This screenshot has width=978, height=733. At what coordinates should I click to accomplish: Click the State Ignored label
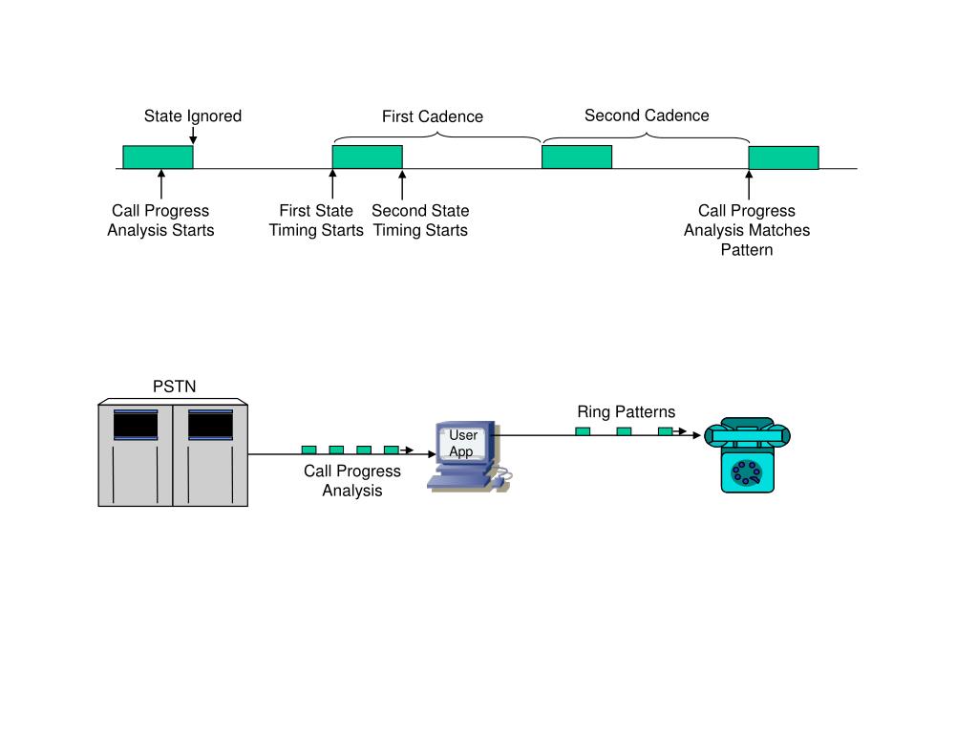(x=193, y=116)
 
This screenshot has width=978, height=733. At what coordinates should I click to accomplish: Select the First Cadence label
(x=433, y=116)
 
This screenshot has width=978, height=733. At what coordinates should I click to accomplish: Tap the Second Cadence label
(x=647, y=115)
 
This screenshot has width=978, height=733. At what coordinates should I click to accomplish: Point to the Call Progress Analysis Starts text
(x=160, y=220)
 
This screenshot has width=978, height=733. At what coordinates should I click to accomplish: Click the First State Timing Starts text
(x=316, y=220)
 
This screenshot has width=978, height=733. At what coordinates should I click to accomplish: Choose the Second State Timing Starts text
(x=420, y=220)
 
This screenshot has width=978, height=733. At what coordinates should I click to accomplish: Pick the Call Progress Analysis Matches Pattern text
(x=747, y=230)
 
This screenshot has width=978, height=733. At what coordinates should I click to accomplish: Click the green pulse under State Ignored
(x=158, y=157)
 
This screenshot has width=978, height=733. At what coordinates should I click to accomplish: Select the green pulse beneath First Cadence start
(x=367, y=157)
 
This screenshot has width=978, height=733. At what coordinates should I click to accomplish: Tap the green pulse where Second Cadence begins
(x=576, y=157)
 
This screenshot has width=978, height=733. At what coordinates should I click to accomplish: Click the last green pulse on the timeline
(x=783, y=157)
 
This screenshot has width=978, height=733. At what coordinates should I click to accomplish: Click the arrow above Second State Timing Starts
(x=402, y=184)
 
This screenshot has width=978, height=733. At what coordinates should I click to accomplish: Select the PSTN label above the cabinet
(x=174, y=387)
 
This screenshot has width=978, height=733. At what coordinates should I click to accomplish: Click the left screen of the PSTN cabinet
(x=136, y=425)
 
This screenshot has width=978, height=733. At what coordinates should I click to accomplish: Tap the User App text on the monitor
(x=463, y=444)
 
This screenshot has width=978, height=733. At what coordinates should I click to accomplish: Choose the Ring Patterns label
(x=626, y=412)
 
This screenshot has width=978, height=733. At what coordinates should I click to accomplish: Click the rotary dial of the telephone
(x=746, y=471)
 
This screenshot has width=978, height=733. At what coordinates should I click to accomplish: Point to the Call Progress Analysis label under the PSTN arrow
(x=352, y=481)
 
